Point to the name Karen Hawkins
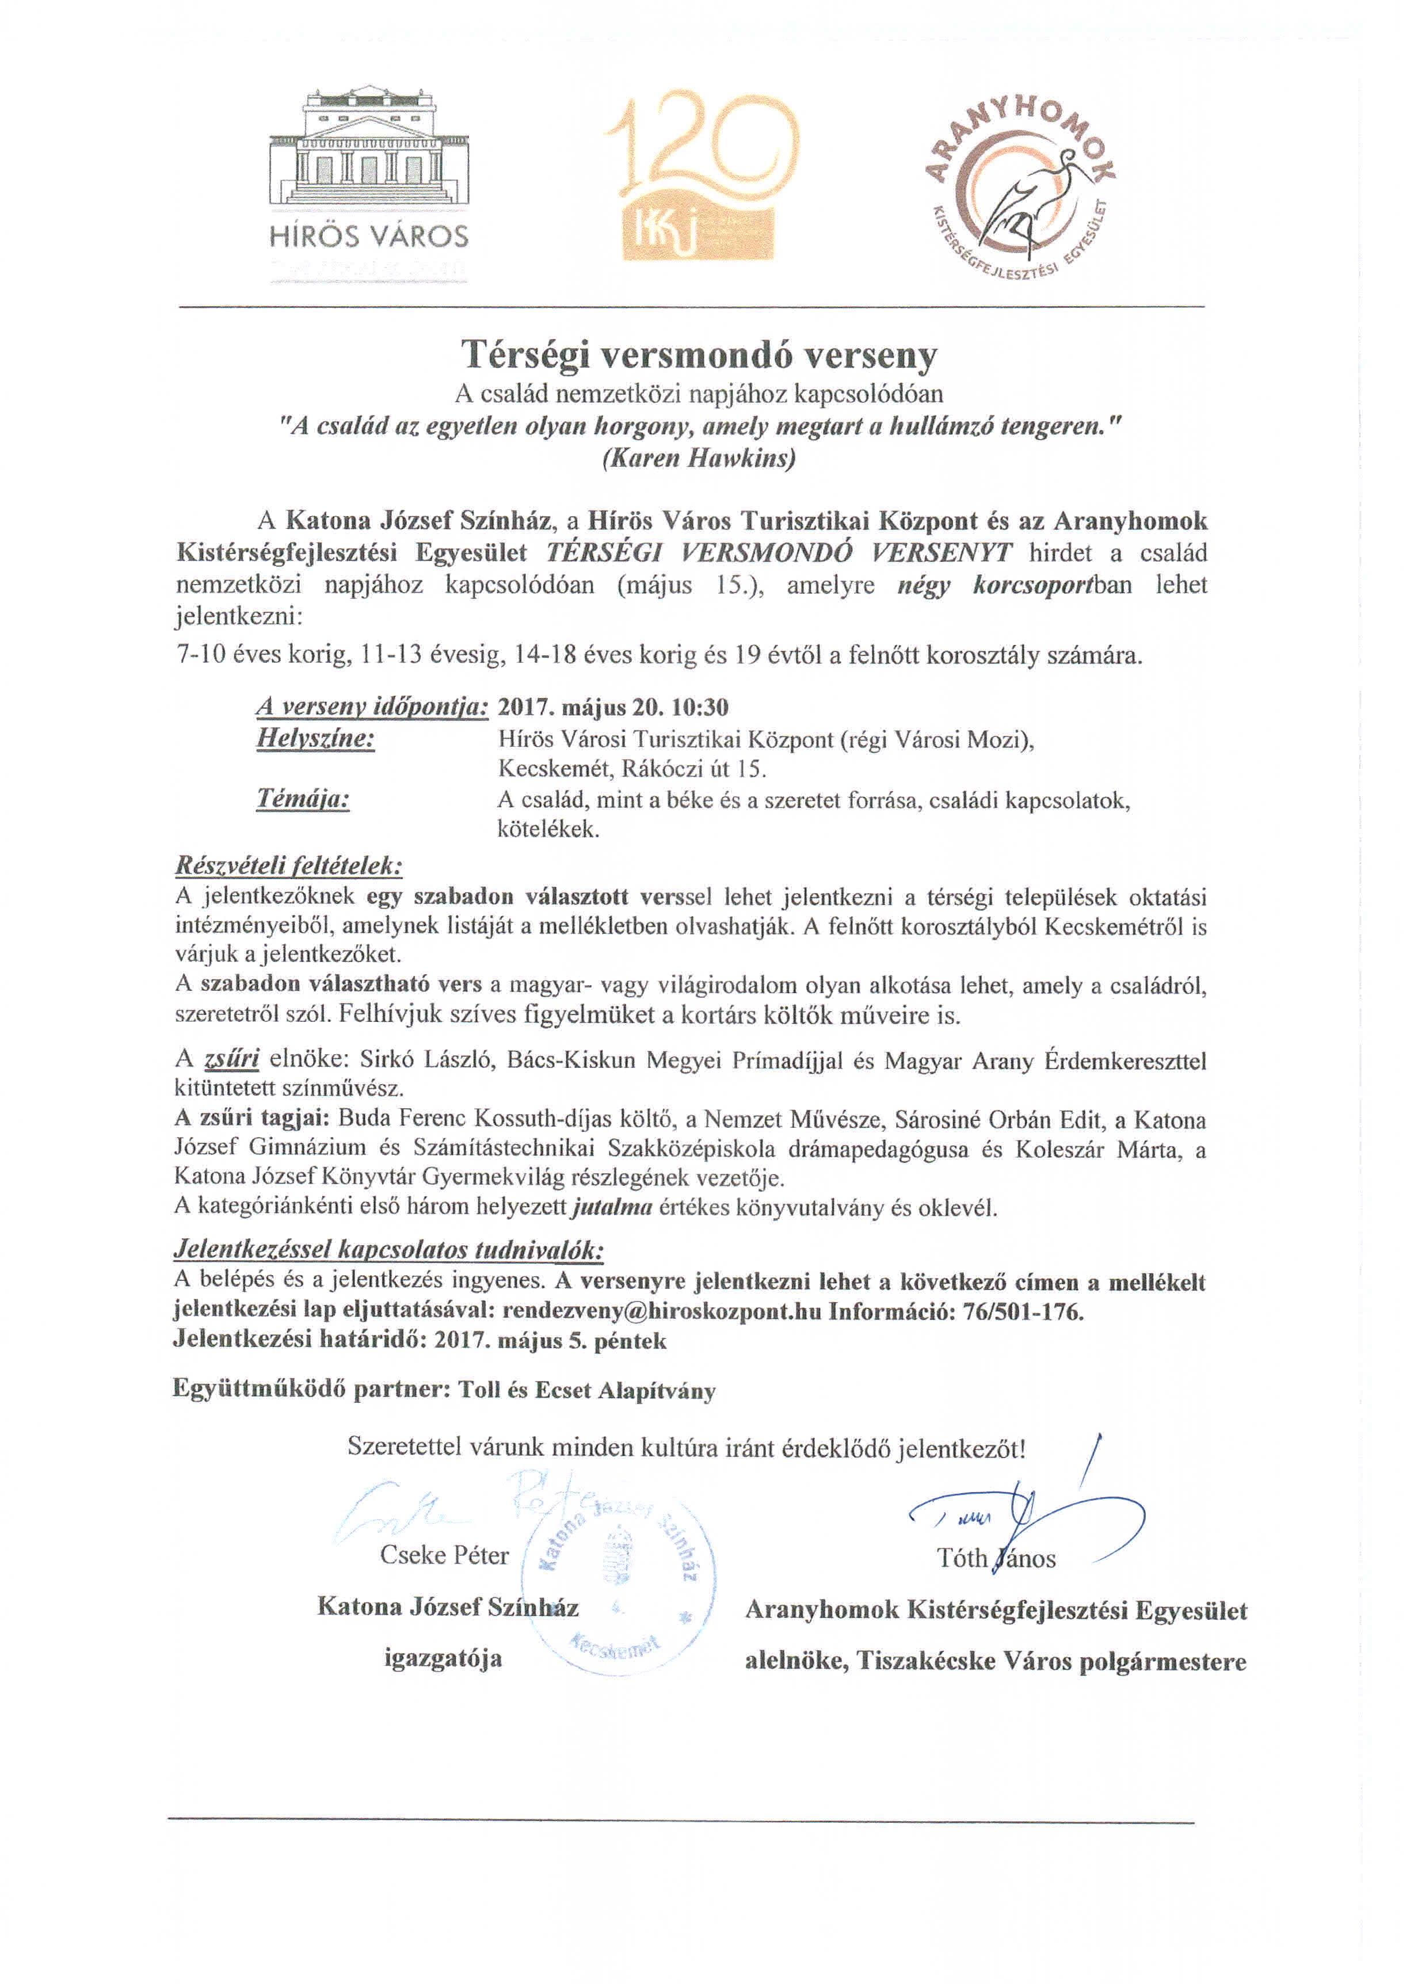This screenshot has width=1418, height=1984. point(699,459)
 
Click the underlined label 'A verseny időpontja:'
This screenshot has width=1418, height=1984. point(372,707)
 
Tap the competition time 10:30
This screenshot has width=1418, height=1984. point(704,707)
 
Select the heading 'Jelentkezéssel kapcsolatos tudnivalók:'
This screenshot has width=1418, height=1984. point(388,1251)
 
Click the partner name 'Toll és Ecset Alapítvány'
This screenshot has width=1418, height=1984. point(587,1390)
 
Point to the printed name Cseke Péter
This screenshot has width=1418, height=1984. point(444,1555)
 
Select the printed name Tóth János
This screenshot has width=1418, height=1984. point(996,1558)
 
